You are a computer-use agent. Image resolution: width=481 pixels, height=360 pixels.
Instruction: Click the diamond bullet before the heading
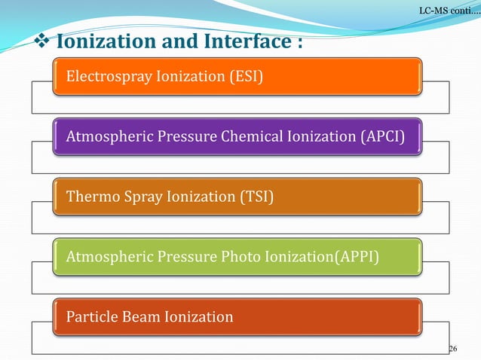tap(44, 40)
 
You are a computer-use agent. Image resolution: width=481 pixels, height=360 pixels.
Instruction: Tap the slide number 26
tap(453, 348)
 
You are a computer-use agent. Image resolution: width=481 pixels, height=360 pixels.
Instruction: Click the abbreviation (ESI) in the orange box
tap(246, 76)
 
